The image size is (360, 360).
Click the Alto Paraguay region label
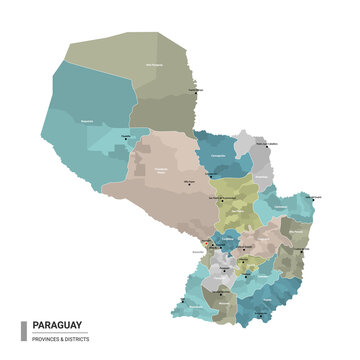click(153, 66)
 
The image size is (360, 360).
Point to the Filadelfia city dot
click(126, 138)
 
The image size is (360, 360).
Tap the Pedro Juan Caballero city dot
click(263, 147)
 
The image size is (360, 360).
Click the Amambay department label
click(262, 175)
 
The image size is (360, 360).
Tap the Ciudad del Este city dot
click(301, 249)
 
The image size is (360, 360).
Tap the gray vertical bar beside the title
click(24, 330)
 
